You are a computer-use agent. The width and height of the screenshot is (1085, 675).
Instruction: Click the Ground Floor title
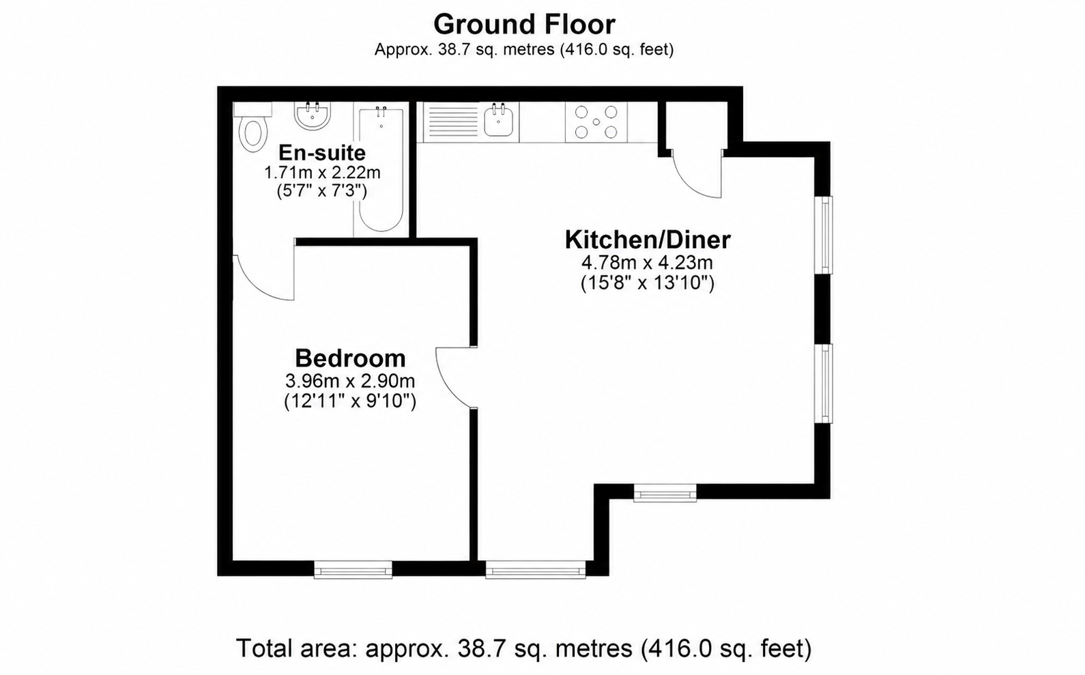coord(524,24)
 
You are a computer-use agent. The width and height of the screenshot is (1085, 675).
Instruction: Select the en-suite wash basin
coord(313,116)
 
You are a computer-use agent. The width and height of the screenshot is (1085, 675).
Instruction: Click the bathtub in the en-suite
coord(381,169)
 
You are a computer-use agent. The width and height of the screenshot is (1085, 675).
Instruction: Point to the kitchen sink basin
coord(498,120)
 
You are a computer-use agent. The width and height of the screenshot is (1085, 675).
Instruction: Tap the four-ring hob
coord(596,122)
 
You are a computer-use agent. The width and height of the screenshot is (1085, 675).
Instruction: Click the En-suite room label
coord(321,153)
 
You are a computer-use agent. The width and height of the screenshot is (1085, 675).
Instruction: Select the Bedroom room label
coord(350,358)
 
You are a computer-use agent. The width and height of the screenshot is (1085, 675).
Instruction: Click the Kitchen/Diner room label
coord(648,240)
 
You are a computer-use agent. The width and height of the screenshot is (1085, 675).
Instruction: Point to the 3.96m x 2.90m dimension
coord(350,382)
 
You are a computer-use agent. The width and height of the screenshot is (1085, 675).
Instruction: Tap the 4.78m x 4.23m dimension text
coord(647,263)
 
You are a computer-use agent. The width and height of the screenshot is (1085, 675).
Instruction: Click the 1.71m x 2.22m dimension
coord(322,173)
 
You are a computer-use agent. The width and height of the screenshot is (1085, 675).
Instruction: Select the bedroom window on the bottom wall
coord(353,570)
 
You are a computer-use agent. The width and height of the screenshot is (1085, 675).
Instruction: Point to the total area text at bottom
coord(523,648)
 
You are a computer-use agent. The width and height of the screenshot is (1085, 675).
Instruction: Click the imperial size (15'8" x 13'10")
coord(648,283)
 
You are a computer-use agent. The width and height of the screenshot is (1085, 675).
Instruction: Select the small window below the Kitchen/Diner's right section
coord(665,493)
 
